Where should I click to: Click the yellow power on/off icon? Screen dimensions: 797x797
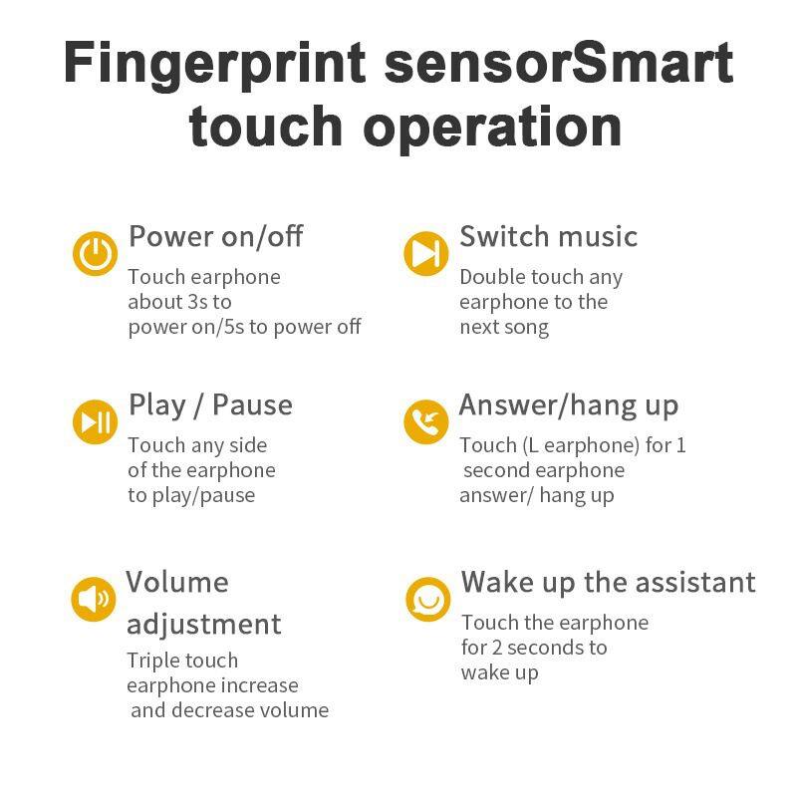pyautogui.click(x=95, y=253)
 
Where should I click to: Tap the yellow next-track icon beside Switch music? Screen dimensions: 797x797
pyautogui.click(x=426, y=253)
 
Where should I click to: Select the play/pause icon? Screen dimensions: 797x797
pyautogui.click(x=95, y=421)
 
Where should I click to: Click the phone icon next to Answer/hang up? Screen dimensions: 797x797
pyautogui.click(x=426, y=421)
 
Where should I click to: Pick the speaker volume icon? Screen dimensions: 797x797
pyautogui.click(x=94, y=599)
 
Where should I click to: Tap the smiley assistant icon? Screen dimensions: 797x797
pyautogui.click(x=428, y=599)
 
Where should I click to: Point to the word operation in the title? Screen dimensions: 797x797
pyautogui.click(x=492, y=129)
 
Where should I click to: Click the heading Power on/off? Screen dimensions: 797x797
pyautogui.click(x=216, y=236)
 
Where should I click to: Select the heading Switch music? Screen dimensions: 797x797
pyautogui.click(x=549, y=236)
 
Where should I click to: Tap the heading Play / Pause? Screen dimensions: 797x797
pyautogui.click(x=210, y=405)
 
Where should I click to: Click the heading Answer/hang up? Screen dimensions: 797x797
pyautogui.click(x=569, y=406)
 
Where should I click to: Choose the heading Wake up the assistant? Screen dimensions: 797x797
pyautogui.click(x=609, y=583)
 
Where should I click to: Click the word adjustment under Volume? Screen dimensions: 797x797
pyautogui.click(x=204, y=625)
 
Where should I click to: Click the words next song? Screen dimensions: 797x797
pyautogui.click(x=504, y=328)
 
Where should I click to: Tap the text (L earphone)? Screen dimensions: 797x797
pyautogui.click(x=581, y=445)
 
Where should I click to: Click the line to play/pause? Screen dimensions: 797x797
pyautogui.click(x=191, y=495)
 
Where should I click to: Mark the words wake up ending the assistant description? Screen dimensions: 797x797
pyautogui.click(x=500, y=673)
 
